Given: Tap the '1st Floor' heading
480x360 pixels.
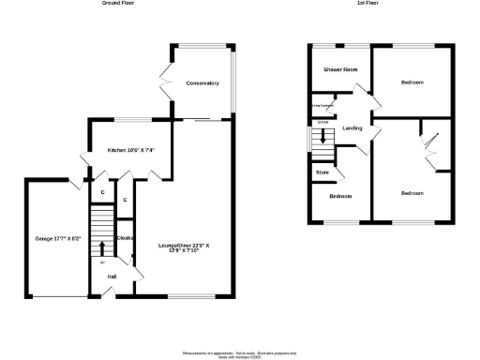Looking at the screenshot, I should click(x=367, y=4).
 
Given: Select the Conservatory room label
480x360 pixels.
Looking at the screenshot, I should click(x=202, y=83).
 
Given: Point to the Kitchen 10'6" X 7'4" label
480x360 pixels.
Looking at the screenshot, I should click(x=130, y=150).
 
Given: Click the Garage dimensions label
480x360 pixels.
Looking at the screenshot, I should click(x=58, y=238).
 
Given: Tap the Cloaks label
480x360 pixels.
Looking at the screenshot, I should click(x=124, y=237).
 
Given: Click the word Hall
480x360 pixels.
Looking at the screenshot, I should click(x=112, y=277).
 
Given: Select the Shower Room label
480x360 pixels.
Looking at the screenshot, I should click(x=341, y=69).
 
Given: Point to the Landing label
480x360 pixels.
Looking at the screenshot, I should click(x=352, y=127).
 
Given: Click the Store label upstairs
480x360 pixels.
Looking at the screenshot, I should click(x=322, y=172).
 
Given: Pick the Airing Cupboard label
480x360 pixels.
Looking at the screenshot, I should click(x=325, y=108).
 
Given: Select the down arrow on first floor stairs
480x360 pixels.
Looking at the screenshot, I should click(x=323, y=136).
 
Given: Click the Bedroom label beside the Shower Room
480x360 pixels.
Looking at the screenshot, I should click(x=412, y=82).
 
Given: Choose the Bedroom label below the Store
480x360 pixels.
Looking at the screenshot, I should click(x=340, y=196).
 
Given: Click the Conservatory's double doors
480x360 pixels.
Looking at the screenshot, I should click(x=166, y=82).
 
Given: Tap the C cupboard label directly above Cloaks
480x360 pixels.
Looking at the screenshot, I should click(x=125, y=200).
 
